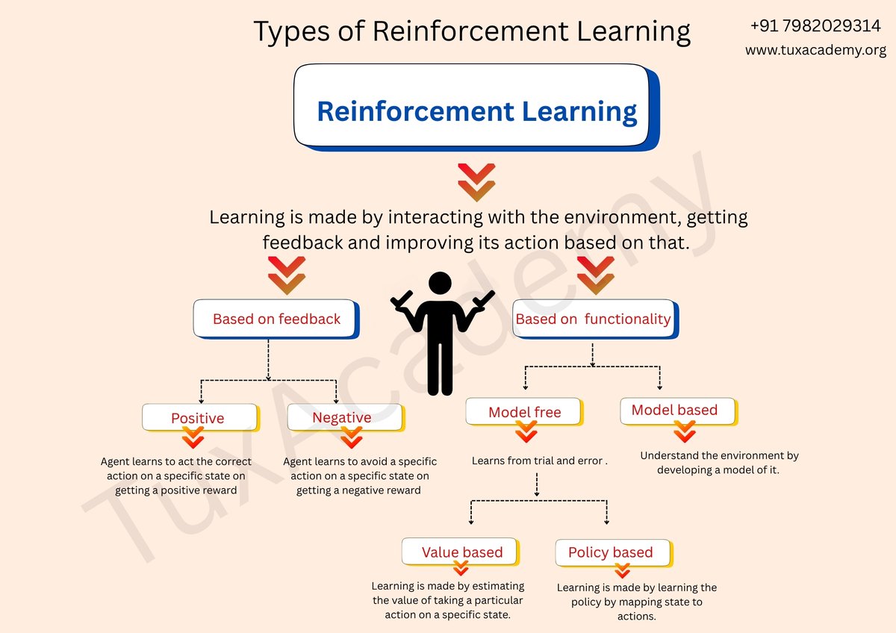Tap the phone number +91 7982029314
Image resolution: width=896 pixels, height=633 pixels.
tap(815, 26)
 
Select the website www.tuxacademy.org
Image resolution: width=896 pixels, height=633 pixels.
tap(815, 51)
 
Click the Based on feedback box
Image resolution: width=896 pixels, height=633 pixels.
tap(276, 319)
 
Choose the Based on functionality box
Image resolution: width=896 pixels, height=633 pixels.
tap(594, 319)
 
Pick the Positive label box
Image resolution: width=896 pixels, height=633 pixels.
tap(198, 417)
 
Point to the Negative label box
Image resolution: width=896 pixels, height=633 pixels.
tap(342, 417)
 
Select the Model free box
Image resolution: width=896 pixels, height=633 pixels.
tap(524, 412)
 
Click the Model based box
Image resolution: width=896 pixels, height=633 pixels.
tap(675, 410)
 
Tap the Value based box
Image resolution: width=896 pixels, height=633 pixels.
tap(461, 552)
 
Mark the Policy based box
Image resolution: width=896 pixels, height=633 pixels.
tap(611, 552)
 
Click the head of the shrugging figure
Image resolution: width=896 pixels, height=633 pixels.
tap(441, 284)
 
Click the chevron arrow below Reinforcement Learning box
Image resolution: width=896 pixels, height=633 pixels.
tap(476, 182)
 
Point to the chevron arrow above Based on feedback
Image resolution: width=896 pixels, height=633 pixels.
tap(287, 275)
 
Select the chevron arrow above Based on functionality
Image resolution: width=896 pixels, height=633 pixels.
tap(595, 275)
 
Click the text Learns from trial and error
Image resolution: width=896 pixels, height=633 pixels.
tap(539, 461)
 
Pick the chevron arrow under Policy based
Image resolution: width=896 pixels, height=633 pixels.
tap(622, 570)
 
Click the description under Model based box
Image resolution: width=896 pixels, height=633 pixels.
tap(719, 463)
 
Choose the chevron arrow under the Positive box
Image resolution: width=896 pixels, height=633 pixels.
tap(193, 437)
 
